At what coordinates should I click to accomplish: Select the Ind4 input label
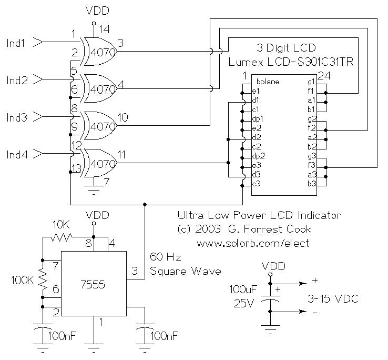[x=16, y=154]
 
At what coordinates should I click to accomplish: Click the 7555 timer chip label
[x=94, y=285]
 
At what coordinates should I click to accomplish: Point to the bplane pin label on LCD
[x=268, y=82]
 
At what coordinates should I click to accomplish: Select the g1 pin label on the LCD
[x=311, y=82]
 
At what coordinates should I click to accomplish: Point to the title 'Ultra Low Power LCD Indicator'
[x=258, y=215]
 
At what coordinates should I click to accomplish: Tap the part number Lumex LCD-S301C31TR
[x=291, y=63]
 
